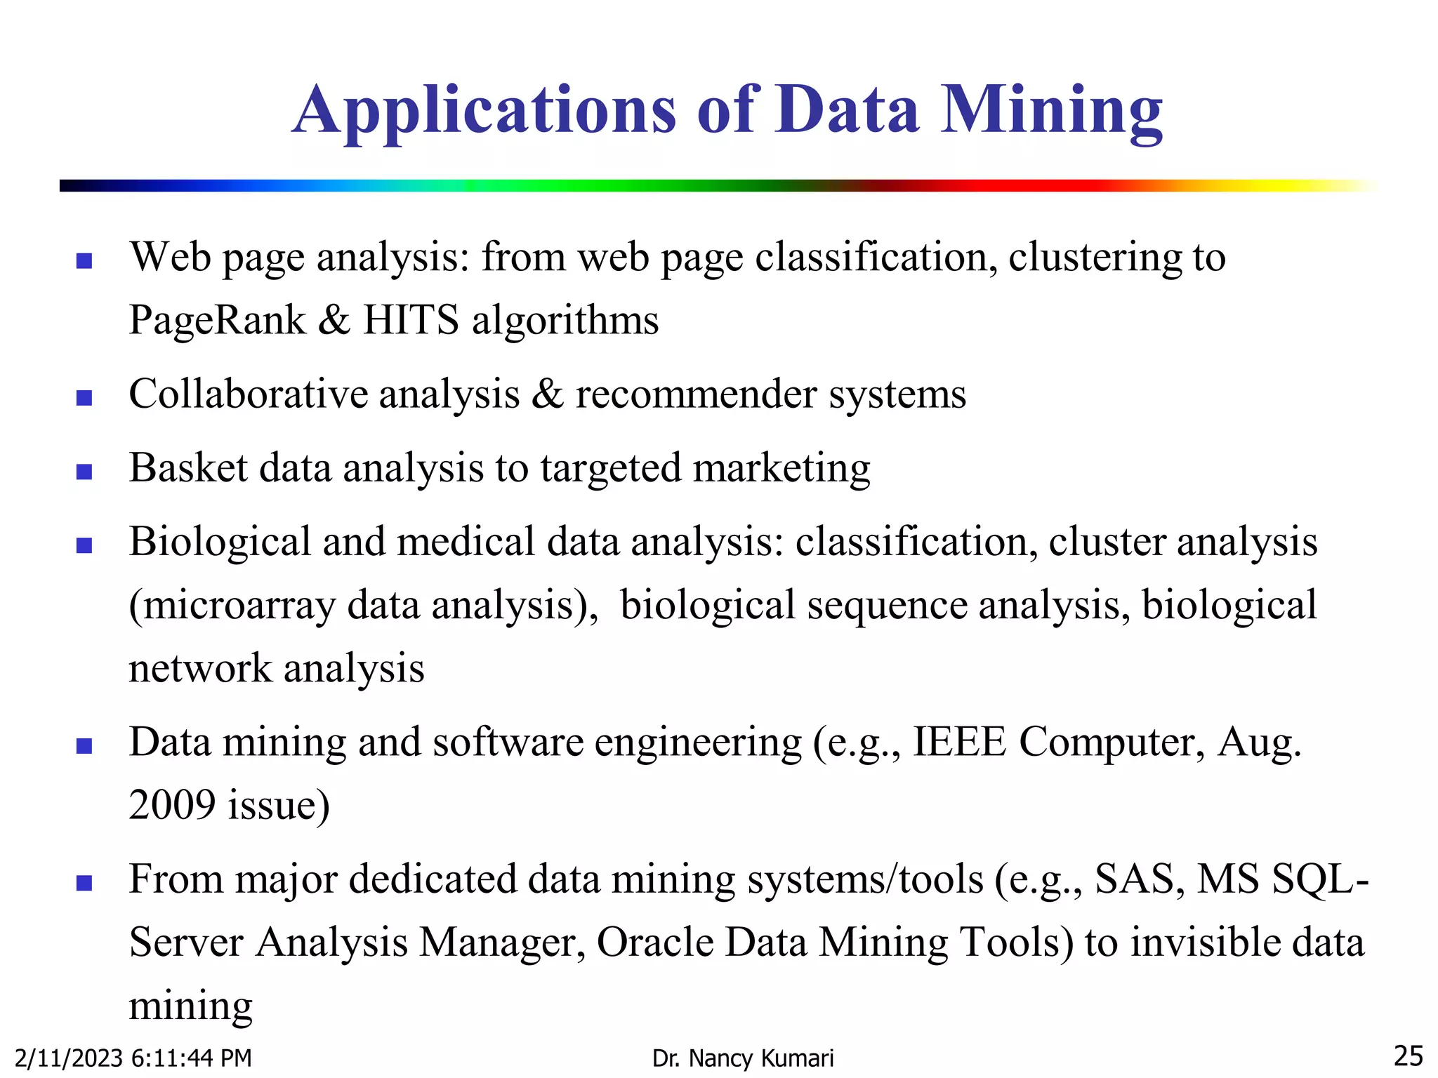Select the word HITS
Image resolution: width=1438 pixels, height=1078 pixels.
point(411,320)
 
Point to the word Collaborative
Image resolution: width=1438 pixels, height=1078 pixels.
point(248,394)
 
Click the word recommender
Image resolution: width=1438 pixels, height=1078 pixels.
point(696,394)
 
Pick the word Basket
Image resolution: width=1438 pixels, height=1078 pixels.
point(187,467)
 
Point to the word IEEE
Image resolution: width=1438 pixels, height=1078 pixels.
point(959,742)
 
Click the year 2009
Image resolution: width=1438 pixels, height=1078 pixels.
point(171,804)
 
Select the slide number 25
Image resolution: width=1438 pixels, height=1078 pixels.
point(1408,1056)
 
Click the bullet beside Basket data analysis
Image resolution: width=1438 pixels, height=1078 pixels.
point(84,472)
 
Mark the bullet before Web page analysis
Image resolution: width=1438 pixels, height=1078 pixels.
point(84,261)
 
